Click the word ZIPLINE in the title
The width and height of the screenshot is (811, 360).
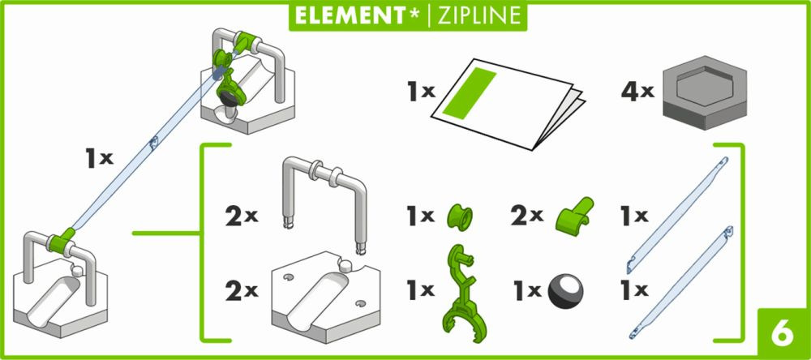click(478, 15)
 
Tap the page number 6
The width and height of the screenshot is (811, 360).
click(783, 334)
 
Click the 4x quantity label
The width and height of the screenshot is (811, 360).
click(637, 92)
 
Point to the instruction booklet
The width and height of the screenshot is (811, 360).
click(508, 104)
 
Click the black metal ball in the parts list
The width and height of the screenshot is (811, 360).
click(564, 291)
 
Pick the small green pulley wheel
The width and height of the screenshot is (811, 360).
click(460, 216)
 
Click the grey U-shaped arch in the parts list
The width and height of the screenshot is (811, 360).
click(325, 202)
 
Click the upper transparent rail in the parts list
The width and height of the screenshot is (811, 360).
click(677, 215)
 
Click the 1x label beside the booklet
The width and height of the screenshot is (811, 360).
click(420, 92)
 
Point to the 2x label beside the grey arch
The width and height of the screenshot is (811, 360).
click(242, 217)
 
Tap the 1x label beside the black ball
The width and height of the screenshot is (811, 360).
click(527, 291)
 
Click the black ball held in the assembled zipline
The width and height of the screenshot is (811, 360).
click(230, 96)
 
